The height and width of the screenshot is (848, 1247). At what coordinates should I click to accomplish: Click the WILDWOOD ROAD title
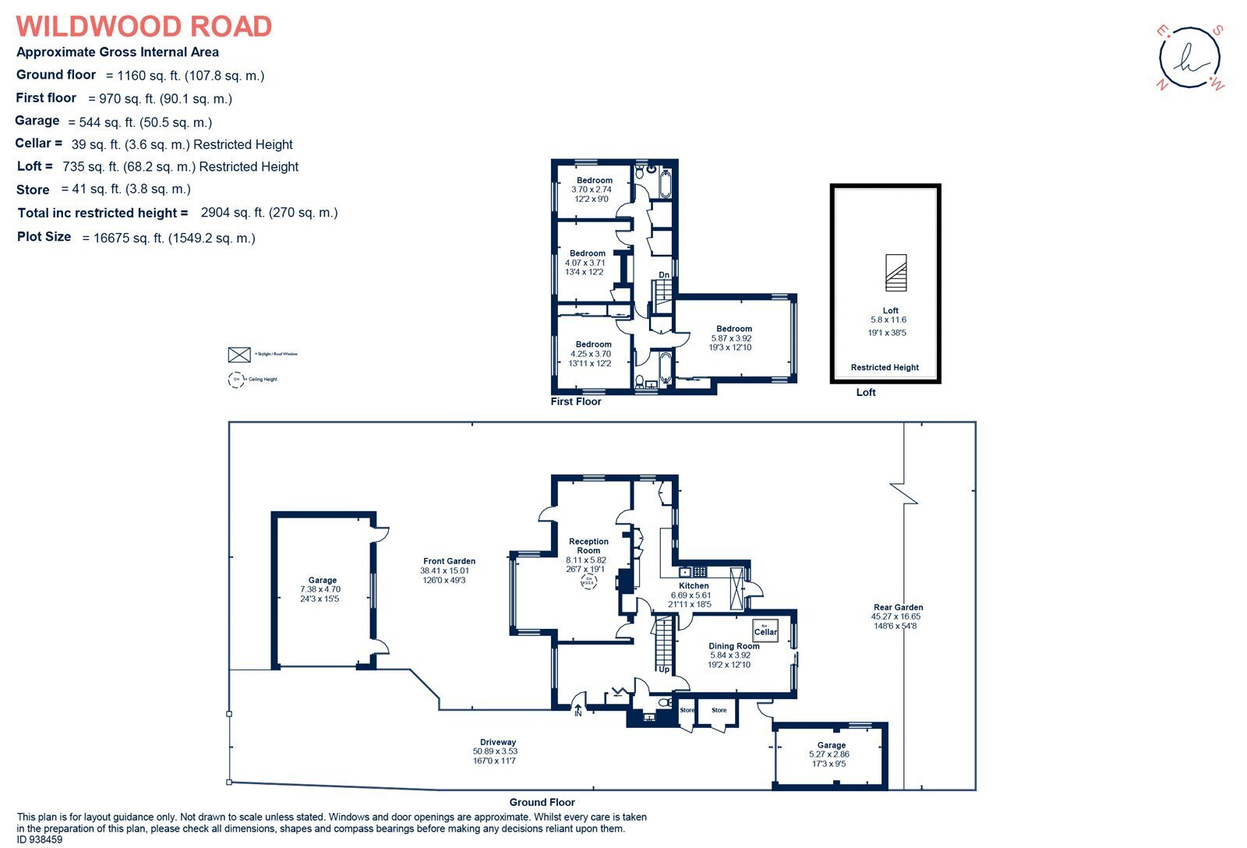(x=144, y=26)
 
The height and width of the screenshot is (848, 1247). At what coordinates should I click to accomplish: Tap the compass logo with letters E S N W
(x=1189, y=58)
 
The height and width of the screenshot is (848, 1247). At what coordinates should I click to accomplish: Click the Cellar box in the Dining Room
(x=765, y=630)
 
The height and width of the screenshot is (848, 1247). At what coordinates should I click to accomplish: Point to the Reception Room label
(x=588, y=546)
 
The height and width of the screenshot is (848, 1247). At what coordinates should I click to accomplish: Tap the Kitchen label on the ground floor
(x=694, y=585)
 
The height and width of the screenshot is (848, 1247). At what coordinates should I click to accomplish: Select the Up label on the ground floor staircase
(x=664, y=670)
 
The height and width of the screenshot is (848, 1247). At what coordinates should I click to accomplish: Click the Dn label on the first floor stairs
(x=664, y=275)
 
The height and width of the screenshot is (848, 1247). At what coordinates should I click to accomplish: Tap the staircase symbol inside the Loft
(x=896, y=272)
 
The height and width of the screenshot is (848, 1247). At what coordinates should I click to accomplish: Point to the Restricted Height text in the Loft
(x=885, y=367)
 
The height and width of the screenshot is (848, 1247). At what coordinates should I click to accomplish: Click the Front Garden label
(x=449, y=561)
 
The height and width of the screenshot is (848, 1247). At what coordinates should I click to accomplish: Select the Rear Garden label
(x=898, y=607)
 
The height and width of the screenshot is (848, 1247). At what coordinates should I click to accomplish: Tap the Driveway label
(x=497, y=742)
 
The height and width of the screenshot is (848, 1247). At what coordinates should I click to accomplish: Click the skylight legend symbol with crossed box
(x=238, y=355)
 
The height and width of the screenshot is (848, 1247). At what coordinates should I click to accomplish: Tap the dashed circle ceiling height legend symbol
(x=235, y=380)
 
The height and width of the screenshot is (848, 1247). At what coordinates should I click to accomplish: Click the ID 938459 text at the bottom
(x=40, y=840)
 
